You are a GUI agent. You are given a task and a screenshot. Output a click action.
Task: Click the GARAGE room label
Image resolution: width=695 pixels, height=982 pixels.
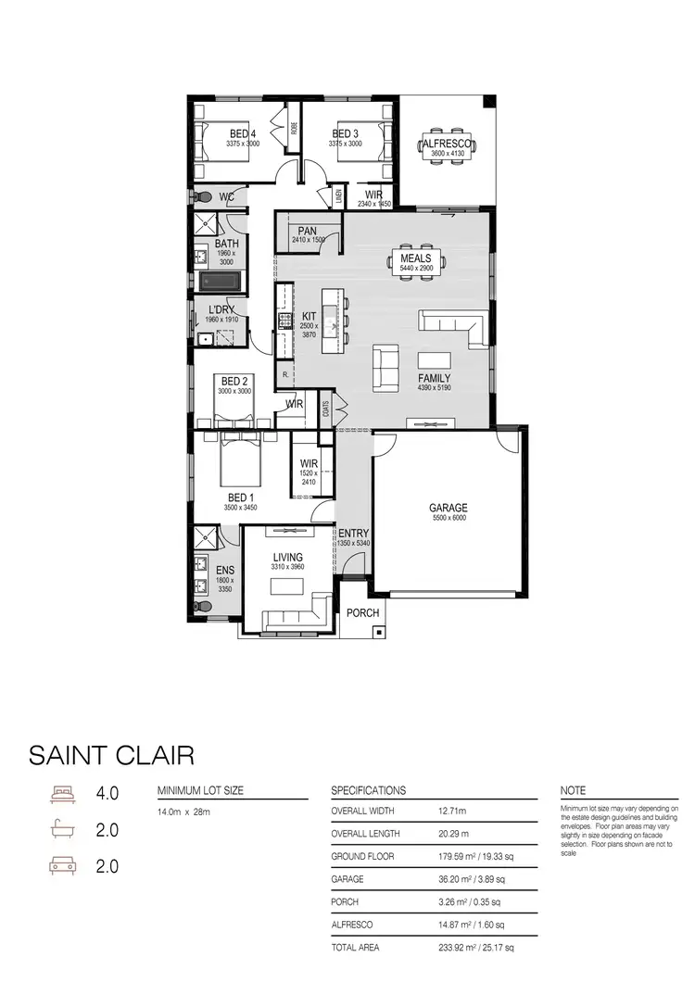448,508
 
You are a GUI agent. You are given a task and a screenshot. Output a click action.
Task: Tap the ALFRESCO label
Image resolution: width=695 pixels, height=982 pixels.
446,145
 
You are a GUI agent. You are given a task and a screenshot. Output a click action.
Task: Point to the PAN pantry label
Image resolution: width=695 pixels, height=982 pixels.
308,230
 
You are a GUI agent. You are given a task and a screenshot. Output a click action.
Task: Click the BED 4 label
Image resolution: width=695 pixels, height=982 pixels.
243,134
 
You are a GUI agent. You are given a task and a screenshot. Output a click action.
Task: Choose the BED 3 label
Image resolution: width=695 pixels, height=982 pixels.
345,134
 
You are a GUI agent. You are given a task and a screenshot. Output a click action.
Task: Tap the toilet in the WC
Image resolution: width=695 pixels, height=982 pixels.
200,196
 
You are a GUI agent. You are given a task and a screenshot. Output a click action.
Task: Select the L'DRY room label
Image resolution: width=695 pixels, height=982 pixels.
222,309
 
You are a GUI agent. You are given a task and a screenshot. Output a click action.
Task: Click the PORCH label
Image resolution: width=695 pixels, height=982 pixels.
362,612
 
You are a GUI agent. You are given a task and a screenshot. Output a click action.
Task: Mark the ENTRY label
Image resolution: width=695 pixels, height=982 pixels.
353,534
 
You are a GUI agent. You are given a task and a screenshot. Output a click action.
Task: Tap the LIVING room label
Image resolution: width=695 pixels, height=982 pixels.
286,557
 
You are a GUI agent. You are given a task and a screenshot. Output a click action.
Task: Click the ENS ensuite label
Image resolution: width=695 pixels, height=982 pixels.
225,571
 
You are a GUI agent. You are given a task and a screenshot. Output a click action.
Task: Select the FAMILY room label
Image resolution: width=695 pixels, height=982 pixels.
434,378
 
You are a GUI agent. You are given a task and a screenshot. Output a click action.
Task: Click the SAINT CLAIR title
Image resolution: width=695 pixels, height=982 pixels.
112,754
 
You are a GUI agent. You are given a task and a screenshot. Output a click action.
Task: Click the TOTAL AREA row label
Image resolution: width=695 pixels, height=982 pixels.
356,948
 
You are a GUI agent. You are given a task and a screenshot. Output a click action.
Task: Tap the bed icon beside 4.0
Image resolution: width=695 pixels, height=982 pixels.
61,794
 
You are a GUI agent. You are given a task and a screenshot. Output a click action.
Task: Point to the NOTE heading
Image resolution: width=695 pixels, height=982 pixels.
573,790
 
